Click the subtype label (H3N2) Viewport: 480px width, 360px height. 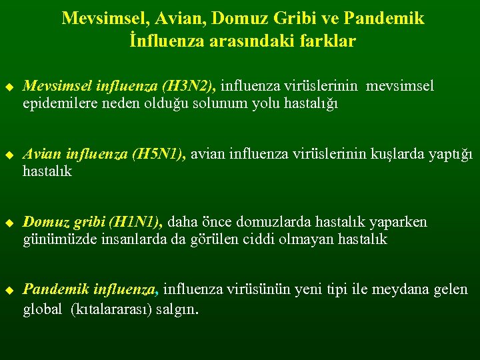(x=189, y=86)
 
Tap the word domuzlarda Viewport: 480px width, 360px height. (x=260, y=222)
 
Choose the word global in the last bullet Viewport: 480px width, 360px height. (x=42, y=310)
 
